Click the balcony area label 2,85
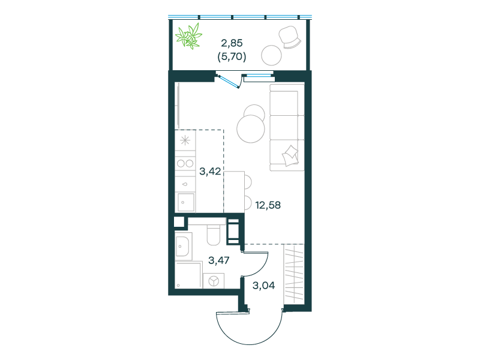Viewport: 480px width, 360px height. click(x=232, y=43)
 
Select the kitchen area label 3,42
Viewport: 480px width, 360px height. click(x=210, y=172)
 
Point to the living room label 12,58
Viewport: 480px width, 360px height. click(x=268, y=205)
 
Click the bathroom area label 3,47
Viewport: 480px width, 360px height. click(x=218, y=260)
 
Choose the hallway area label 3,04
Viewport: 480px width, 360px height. click(x=263, y=286)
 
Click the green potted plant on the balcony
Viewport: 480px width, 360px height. click(x=188, y=36)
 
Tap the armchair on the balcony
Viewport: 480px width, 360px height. click(x=290, y=37)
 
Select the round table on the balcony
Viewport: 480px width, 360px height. click(x=271, y=55)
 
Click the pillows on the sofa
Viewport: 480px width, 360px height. click(x=290, y=155)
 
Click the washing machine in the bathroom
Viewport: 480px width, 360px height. click(x=214, y=281)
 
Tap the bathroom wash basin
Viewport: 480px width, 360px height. click(x=184, y=246)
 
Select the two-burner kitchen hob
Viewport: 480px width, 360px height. click(x=185, y=163)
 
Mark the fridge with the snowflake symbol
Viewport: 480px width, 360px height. click(x=185, y=140)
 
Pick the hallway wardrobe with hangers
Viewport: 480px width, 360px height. click(x=294, y=274)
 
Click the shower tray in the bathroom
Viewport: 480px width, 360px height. click(x=188, y=275)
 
